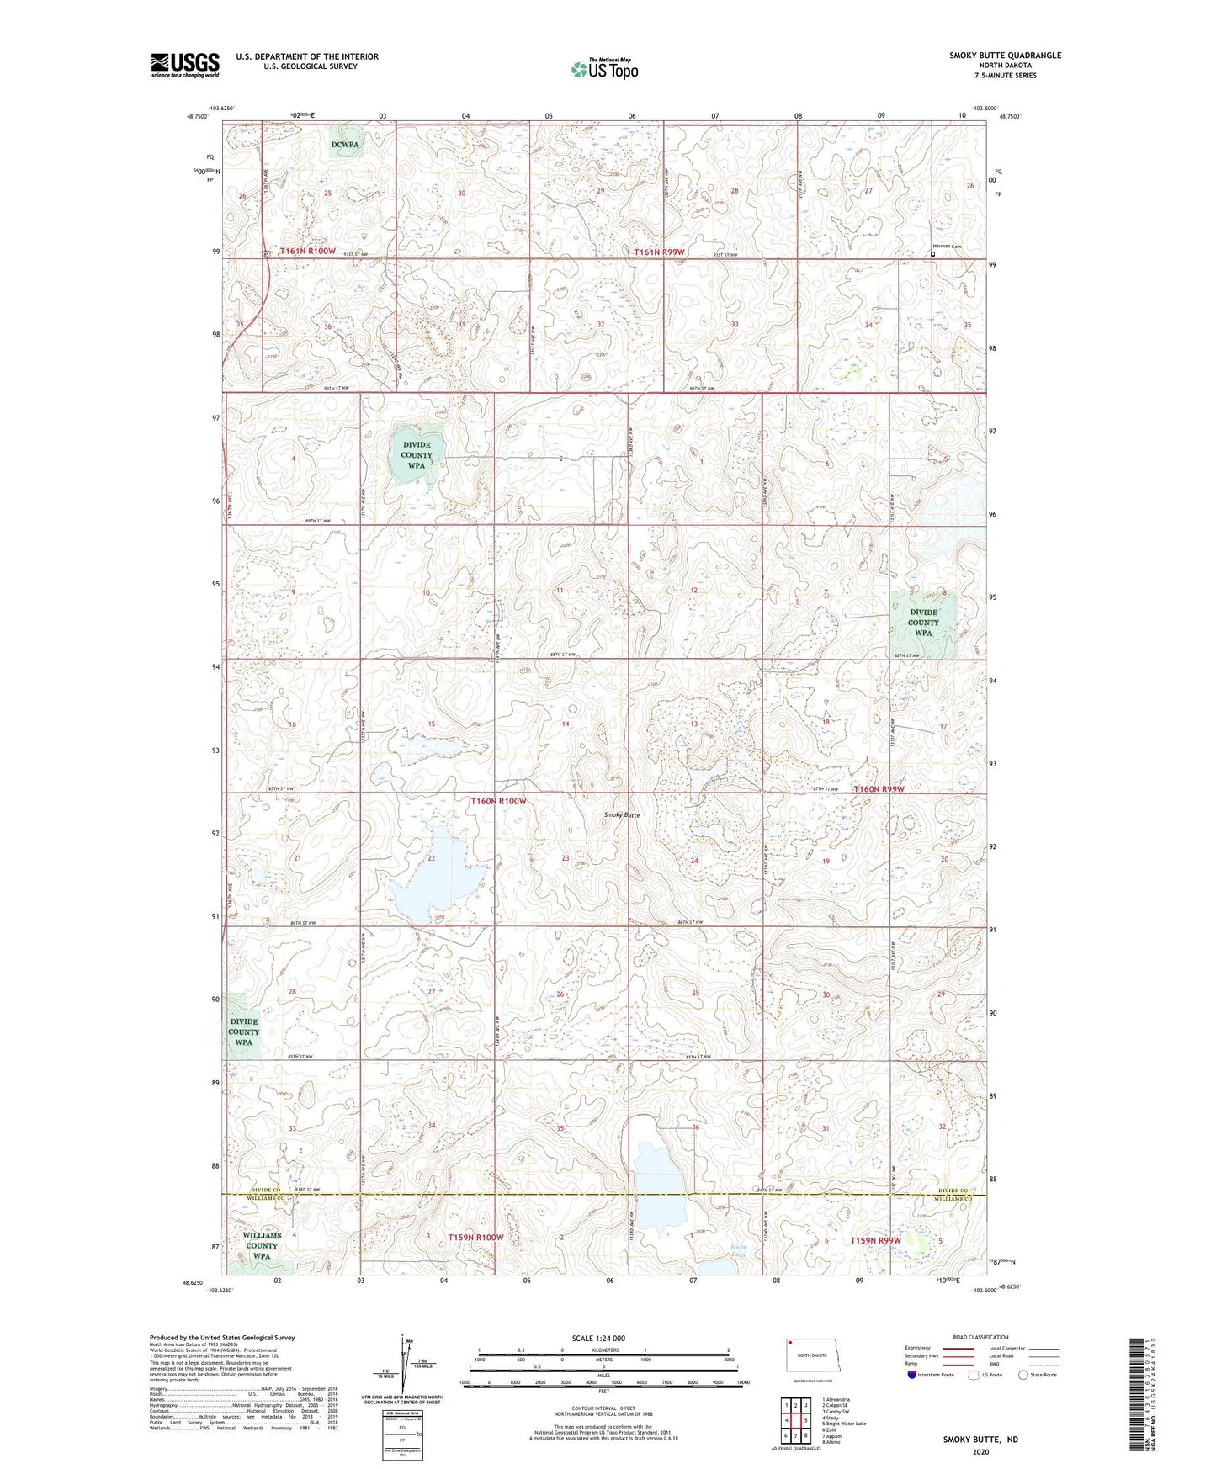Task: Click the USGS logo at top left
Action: point(184,64)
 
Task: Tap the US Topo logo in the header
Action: point(604,69)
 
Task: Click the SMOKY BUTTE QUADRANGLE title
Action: point(1005,56)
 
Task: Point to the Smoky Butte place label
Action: point(622,815)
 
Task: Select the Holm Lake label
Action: point(738,1251)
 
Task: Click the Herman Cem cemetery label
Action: point(940,246)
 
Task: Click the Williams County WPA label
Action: point(262,1245)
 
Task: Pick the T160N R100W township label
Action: point(498,801)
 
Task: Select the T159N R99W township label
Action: point(875,1240)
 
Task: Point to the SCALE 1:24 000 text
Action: point(598,1338)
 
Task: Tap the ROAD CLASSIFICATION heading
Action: point(980,1337)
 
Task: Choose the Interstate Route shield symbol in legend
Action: point(912,1376)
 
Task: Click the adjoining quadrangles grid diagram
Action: point(795,1417)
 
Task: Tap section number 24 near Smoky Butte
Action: point(694,861)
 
